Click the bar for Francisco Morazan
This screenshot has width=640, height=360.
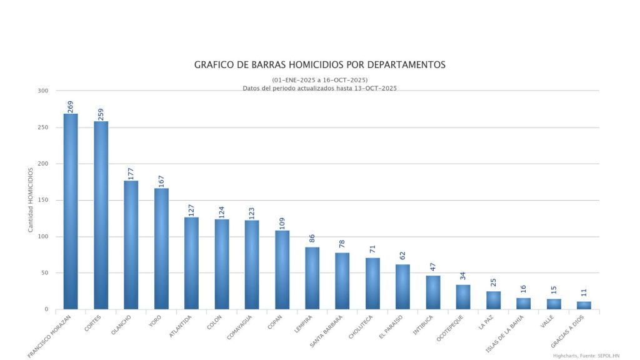(x=71, y=212)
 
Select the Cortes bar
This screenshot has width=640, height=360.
(x=101, y=216)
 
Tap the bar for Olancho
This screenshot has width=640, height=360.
(x=131, y=245)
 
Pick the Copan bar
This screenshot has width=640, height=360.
(x=282, y=270)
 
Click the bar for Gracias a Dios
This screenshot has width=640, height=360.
(x=584, y=306)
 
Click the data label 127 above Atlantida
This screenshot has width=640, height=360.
(x=191, y=209)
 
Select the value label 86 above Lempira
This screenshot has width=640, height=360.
(x=312, y=241)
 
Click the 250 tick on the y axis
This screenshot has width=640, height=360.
(x=42, y=127)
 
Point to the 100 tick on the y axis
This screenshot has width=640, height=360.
(x=42, y=237)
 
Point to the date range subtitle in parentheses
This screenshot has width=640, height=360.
(x=319, y=80)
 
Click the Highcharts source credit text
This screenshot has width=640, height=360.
(x=586, y=355)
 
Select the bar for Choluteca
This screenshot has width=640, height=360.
(x=372, y=284)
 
